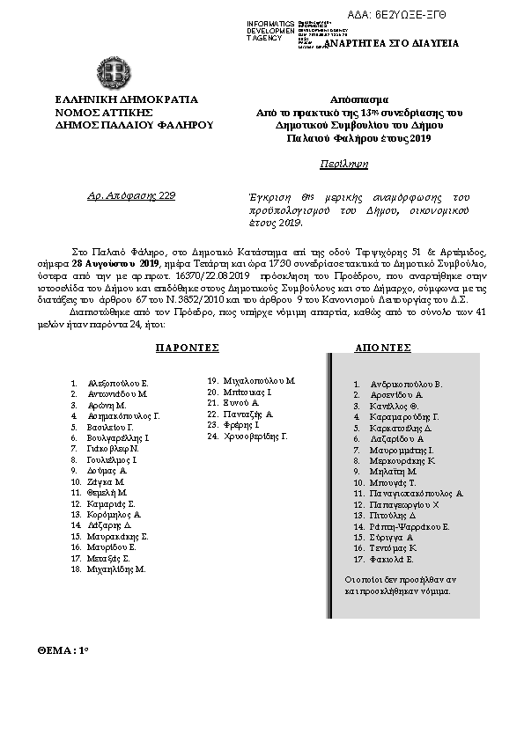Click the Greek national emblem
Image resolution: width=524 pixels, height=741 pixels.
tap(117, 70)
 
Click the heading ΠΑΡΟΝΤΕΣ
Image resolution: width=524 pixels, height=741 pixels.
tap(187, 348)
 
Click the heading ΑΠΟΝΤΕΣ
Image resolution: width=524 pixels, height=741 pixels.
tap(383, 348)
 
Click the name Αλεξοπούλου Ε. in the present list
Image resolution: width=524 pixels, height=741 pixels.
tap(119, 384)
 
